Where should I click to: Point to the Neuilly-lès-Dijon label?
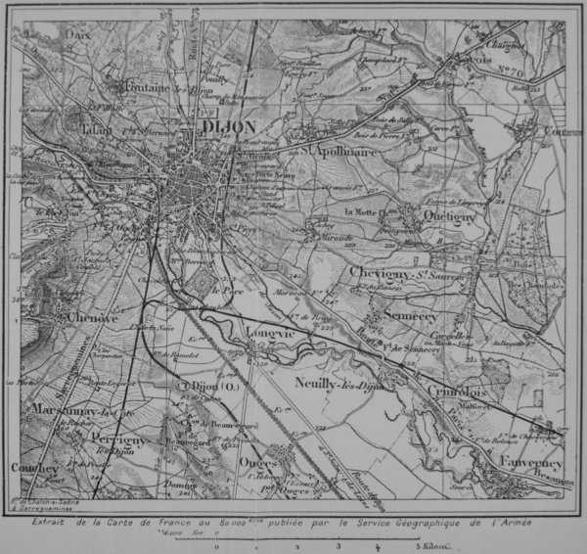tap(338, 383)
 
